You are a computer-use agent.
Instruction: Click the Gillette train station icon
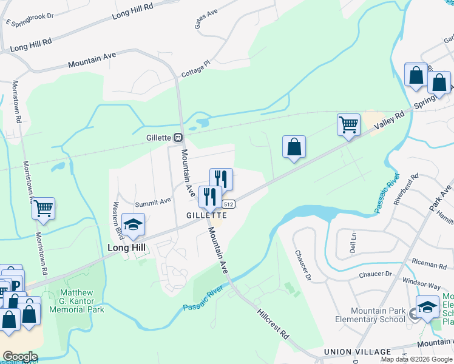[x=178, y=138]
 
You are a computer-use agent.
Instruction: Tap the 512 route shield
[x=228, y=204]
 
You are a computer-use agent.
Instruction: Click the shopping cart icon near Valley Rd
[x=348, y=125]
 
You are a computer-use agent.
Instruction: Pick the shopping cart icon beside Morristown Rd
[x=44, y=209]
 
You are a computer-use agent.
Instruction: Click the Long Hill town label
[x=127, y=248]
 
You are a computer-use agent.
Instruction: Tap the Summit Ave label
[x=152, y=201]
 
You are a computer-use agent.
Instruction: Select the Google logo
[x=21, y=357]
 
